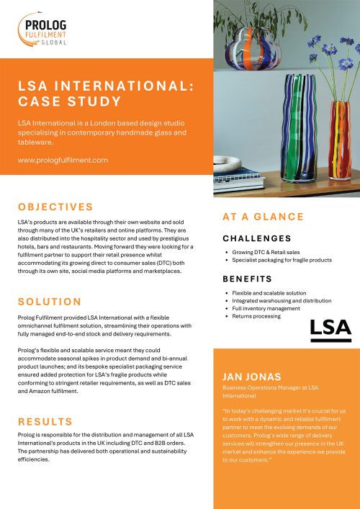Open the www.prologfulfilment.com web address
[x=63, y=160]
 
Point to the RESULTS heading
[x=45, y=421]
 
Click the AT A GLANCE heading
[x=263, y=217]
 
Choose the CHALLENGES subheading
[x=257, y=238]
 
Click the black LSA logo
[x=330, y=329]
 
